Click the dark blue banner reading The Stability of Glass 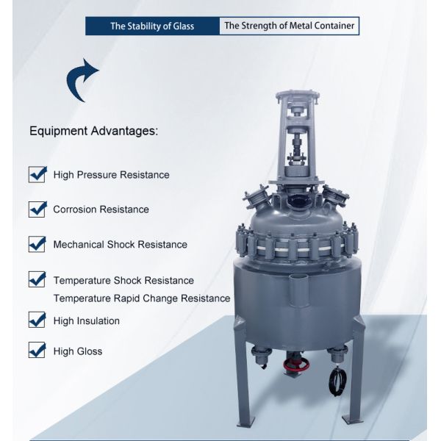(x=152, y=26)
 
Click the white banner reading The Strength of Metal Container (x=289, y=26)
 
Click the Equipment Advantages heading (x=93, y=132)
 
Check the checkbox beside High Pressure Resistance (x=37, y=174)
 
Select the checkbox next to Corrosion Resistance (x=37, y=209)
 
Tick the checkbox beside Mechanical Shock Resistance (x=37, y=243)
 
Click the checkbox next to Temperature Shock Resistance (x=37, y=279)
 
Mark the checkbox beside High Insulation (x=37, y=320)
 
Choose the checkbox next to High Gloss (x=37, y=350)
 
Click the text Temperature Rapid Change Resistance (x=142, y=298)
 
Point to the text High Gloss (x=78, y=351)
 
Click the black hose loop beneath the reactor (x=339, y=379)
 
